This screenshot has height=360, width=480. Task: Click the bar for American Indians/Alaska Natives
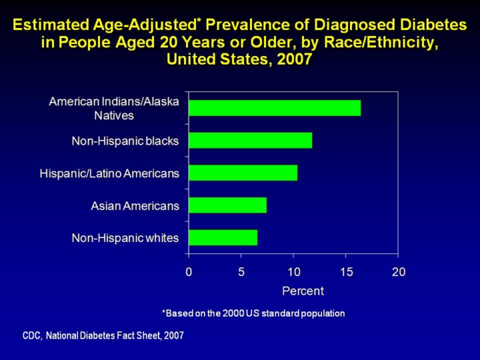coord(275,108)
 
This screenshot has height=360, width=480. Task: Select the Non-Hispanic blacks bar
coord(250,141)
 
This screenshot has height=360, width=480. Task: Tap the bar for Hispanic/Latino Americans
coord(243,173)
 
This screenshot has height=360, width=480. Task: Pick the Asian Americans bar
coord(227,205)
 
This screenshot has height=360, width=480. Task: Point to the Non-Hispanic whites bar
coord(223,237)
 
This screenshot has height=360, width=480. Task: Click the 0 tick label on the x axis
coord(189,272)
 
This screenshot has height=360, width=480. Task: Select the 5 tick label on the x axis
coord(241,272)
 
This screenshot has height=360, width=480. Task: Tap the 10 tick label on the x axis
coord(293,272)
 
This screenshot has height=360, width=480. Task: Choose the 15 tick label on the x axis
coord(346,272)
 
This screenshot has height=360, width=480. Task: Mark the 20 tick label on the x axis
coord(398,272)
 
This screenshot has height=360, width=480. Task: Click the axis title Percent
coord(303,291)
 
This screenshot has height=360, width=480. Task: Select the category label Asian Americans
coord(135,206)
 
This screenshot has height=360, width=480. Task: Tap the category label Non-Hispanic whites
coord(125,238)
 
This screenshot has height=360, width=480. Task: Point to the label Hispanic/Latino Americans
coord(109,174)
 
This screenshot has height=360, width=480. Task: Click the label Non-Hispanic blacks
coord(125,141)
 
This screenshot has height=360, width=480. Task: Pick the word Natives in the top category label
coord(114,115)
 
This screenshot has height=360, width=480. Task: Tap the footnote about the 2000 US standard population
coord(253,313)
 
